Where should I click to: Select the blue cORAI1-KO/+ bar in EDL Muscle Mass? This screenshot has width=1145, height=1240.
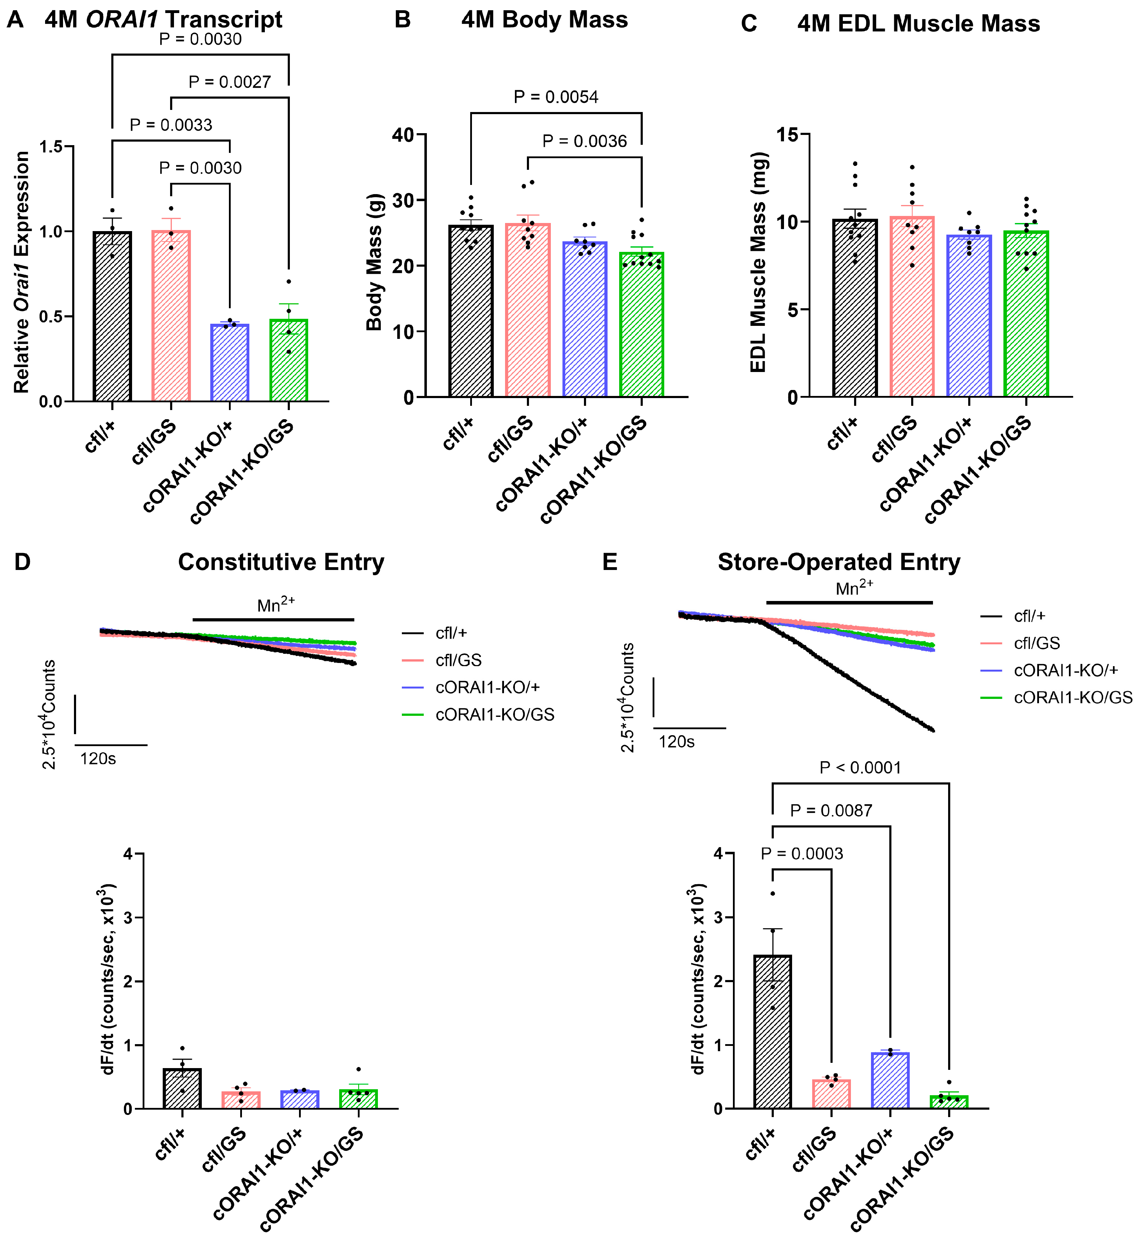(969, 316)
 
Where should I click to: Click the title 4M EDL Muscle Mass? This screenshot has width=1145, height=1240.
(918, 24)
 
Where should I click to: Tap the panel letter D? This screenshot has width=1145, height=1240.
(22, 562)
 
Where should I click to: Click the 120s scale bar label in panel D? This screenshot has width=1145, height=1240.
(98, 758)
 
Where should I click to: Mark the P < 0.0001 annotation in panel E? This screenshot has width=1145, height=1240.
(860, 768)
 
